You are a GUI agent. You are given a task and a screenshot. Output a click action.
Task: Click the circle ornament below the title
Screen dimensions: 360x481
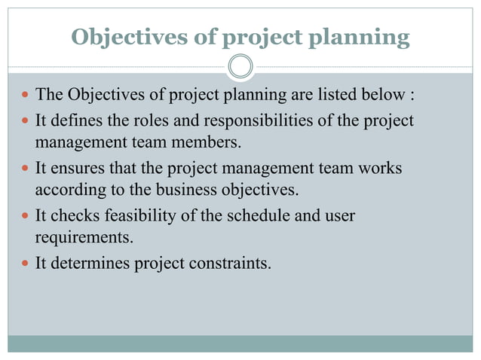(x=240, y=67)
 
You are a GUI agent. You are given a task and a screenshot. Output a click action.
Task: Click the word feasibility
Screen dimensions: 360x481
(x=136, y=217)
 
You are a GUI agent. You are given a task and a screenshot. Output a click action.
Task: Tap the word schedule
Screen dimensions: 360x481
(x=253, y=217)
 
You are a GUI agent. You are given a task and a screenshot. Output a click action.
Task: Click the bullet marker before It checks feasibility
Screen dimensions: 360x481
(x=25, y=217)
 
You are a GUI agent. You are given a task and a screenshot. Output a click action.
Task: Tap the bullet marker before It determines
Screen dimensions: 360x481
(x=25, y=265)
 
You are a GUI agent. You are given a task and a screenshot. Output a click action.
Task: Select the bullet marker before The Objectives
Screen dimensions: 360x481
(x=25, y=96)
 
